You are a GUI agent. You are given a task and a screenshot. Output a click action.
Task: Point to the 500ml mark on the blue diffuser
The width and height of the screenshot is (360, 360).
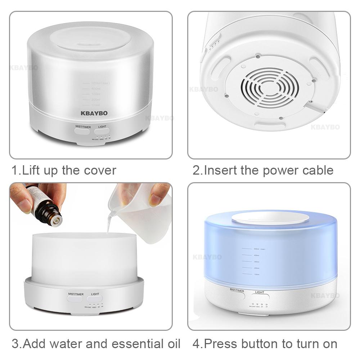pos(252,249)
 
